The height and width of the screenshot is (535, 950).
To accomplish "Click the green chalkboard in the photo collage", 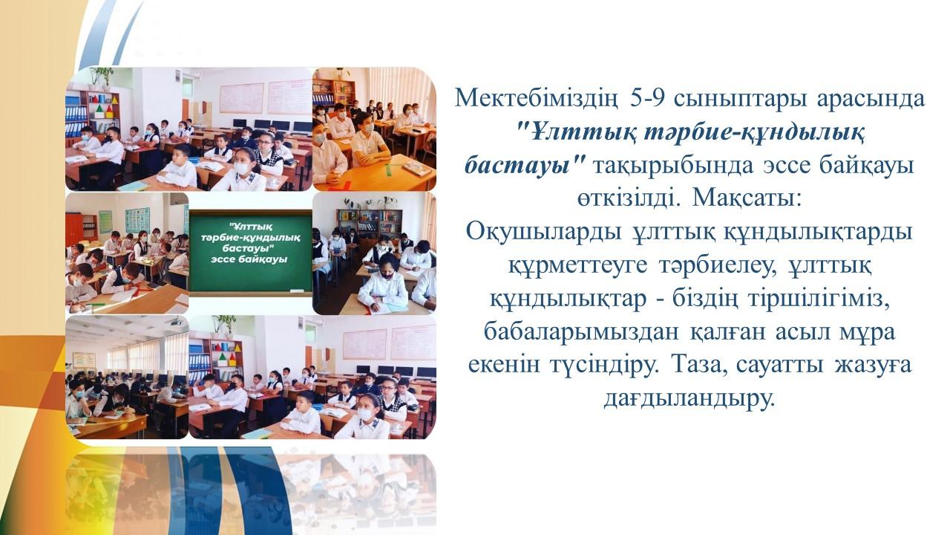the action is coord(250,253).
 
